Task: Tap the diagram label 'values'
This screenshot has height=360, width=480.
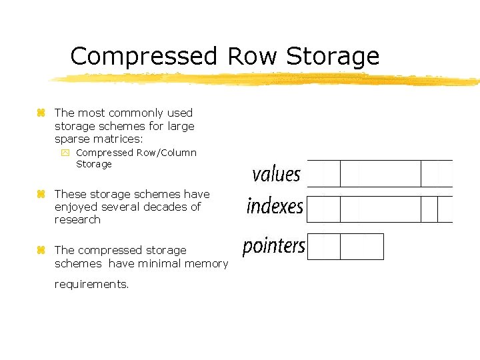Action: [276, 175]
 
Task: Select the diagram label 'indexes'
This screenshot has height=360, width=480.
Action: [275, 206]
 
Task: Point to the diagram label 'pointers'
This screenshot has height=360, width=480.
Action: [273, 246]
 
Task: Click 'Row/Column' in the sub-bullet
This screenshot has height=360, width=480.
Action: [167, 153]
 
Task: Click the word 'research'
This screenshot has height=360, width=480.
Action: [77, 219]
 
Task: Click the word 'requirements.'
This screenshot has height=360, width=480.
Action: [91, 284]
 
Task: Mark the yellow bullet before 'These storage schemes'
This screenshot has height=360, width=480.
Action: [41, 194]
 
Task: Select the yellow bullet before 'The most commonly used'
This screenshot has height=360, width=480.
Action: [41, 113]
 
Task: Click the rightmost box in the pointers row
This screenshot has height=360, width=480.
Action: [362, 247]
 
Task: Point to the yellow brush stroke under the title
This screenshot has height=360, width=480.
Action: [267, 79]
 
